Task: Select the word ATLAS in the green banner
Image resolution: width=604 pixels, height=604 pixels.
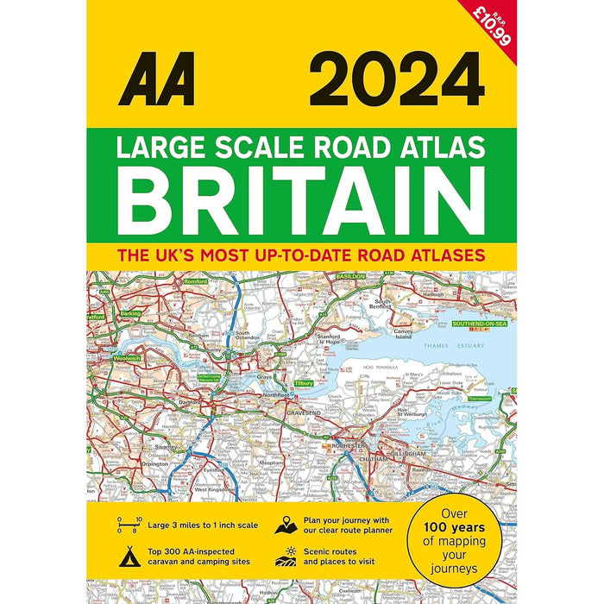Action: point(447,148)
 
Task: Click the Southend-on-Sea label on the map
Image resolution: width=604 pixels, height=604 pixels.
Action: point(480,324)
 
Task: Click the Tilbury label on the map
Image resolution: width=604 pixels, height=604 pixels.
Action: point(304,383)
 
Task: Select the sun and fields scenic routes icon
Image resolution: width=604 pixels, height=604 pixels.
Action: point(287,556)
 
